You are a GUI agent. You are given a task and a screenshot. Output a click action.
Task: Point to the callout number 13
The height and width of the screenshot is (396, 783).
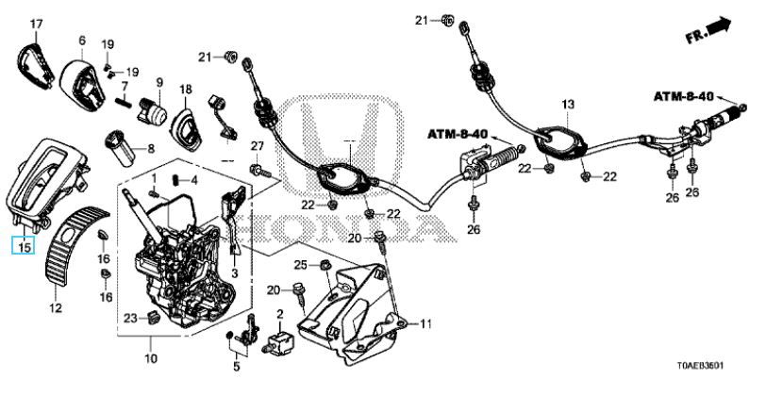568,103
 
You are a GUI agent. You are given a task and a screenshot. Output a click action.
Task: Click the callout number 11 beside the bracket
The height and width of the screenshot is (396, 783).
425,323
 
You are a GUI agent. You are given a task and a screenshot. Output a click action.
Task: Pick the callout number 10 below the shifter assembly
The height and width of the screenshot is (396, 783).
150,358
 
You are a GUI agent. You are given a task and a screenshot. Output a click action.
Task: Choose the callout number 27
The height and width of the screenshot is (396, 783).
255,144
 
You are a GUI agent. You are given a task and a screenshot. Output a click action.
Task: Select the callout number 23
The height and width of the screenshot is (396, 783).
130,317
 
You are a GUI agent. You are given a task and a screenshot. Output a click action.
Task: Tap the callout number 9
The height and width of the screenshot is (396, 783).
159,81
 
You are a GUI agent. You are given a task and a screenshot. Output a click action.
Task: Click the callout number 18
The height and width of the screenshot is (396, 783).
186,89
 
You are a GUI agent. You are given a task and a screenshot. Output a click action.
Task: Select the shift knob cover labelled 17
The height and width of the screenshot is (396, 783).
33,58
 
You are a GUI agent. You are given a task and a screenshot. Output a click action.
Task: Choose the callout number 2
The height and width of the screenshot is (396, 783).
280,313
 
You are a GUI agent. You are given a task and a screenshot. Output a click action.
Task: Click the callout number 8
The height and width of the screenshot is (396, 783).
151,148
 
